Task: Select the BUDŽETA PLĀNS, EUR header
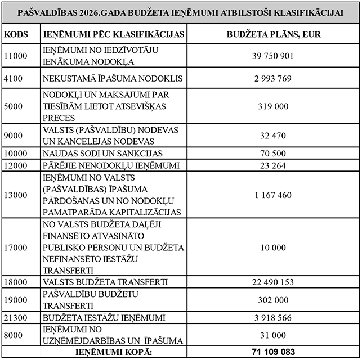274,34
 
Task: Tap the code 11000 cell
16,56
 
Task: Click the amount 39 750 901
274,56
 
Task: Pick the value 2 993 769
274,78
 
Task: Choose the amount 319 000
274,105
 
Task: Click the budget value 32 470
274,135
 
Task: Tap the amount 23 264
274,165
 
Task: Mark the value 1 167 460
274,195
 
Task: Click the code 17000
16,247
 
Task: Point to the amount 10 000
274,247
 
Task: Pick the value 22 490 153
274,282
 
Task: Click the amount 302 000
274,300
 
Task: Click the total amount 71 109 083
274,353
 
